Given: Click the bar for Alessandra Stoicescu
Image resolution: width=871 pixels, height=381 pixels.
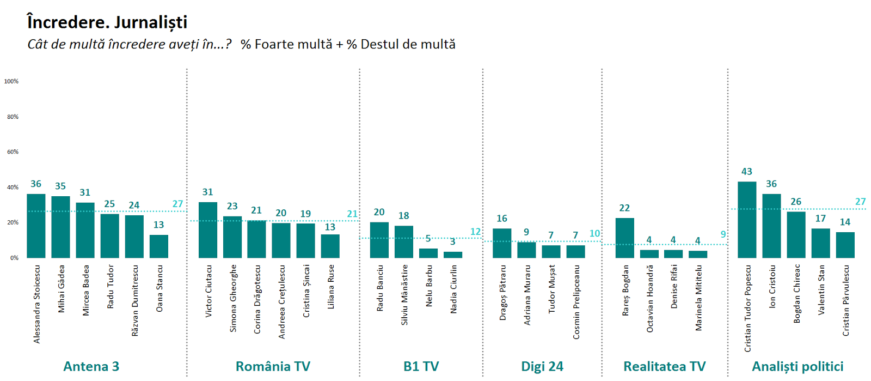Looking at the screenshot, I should pyautogui.click(x=36, y=226).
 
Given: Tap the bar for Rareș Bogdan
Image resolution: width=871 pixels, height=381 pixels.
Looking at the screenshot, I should pyautogui.click(x=624, y=238).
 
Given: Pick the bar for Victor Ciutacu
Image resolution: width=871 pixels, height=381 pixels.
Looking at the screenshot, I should pyautogui.click(x=207, y=230).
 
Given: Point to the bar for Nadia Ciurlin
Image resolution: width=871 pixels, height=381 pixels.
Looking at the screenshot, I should pyautogui.click(x=453, y=255).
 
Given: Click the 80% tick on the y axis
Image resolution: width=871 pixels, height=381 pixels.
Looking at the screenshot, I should pyautogui.click(x=13, y=117).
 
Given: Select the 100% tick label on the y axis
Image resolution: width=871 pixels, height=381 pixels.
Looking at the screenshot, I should pyautogui.click(x=11, y=81).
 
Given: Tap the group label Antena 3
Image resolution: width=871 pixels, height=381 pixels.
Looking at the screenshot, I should pyautogui.click(x=91, y=366).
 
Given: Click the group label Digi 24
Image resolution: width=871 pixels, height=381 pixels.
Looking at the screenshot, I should pyautogui.click(x=542, y=366).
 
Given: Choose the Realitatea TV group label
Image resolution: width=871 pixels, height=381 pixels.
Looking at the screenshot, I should pyautogui.click(x=665, y=366).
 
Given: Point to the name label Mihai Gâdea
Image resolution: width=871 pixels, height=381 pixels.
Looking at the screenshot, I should pyautogui.click(x=61, y=289).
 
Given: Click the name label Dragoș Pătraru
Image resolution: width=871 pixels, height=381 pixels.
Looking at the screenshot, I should pyautogui.click(x=502, y=293).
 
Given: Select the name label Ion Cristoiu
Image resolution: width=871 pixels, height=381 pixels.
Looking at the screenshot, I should pyautogui.click(x=772, y=287).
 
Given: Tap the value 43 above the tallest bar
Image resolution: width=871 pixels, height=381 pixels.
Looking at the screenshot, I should pyautogui.click(x=747, y=172).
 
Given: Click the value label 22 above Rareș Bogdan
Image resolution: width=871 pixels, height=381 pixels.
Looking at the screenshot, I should pyautogui.click(x=624, y=208).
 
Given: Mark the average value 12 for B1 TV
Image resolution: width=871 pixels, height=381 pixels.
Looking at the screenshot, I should pyautogui.click(x=475, y=232).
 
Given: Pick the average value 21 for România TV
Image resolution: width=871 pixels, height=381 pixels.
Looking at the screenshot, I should pyautogui.click(x=352, y=214).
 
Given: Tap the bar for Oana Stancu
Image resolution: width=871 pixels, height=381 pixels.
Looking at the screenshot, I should pyautogui.click(x=158, y=246).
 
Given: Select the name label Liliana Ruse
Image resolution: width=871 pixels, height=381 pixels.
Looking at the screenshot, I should pyautogui.click(x=330, y=287).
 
